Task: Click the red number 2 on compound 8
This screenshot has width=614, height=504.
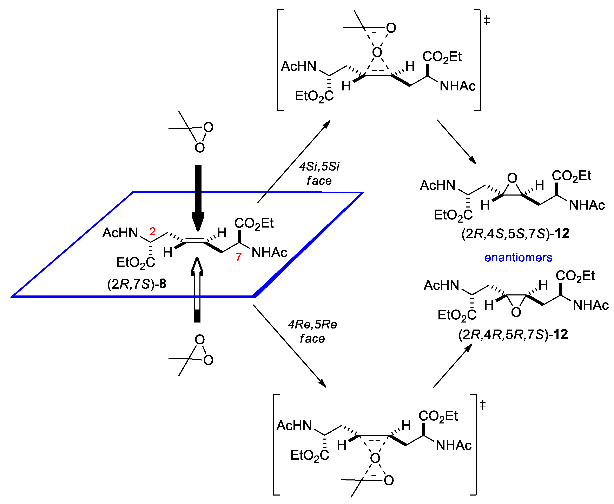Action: coord(153,231)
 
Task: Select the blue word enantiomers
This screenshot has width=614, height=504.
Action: coord(518,257)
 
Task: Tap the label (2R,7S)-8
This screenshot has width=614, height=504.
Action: coord(137,284)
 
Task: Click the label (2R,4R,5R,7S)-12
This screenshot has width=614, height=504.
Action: coord(513,334)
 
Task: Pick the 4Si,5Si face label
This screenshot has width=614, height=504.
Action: coord(319,173)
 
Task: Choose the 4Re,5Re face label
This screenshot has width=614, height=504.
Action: coord(312,331)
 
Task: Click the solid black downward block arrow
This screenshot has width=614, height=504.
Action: coord(198,197)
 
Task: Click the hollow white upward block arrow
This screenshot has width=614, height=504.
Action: coord(197,287)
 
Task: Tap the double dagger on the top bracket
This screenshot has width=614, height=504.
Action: coord(487,21)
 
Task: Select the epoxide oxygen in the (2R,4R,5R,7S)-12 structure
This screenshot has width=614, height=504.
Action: coord(516,312)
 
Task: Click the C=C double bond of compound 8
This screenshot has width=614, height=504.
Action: coord(195,240)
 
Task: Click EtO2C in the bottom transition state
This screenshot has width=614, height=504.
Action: coord(309,455)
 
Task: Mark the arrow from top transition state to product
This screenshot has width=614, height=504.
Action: coord(456,142)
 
